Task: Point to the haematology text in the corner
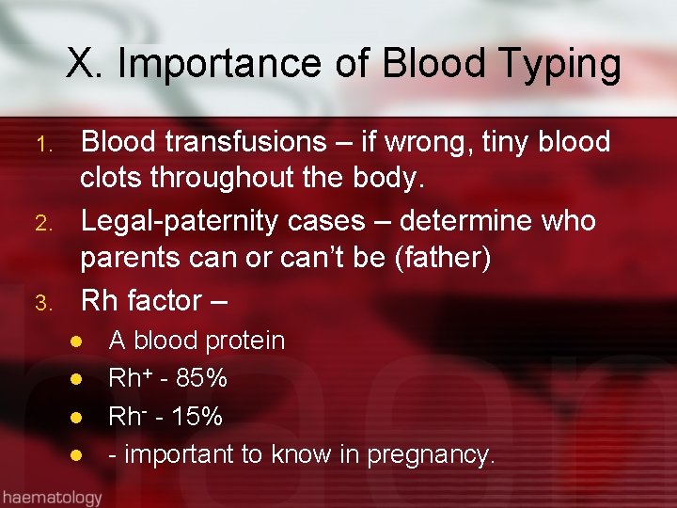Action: coord(51,496)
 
